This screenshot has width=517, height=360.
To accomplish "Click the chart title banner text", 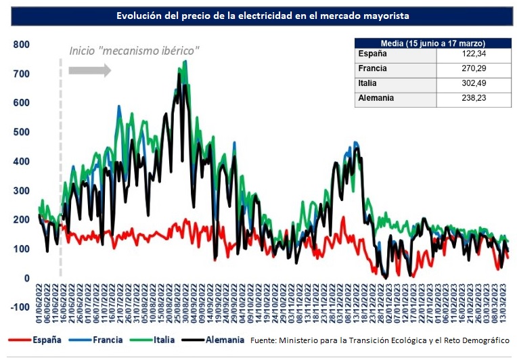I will pos(263,15).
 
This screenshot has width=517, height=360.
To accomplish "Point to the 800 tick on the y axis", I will pos(22,45).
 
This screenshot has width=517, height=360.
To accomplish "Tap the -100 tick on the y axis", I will pos(20,307).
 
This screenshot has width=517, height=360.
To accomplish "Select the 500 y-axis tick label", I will pos(22,132).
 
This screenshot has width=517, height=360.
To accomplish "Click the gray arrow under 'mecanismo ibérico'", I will pos(90,70).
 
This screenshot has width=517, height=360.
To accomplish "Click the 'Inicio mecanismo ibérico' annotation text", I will pos(135,51).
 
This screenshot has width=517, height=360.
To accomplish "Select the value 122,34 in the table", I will pos(472,53).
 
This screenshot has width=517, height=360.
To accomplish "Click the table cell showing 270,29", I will pos(472,68).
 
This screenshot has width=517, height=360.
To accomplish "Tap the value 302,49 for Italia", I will pos(472,83).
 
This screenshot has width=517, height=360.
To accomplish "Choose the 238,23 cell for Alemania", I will pos(472,98).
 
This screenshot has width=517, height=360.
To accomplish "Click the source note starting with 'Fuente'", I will pos(380,340).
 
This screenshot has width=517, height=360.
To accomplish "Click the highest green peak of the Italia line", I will pos(185,62).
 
